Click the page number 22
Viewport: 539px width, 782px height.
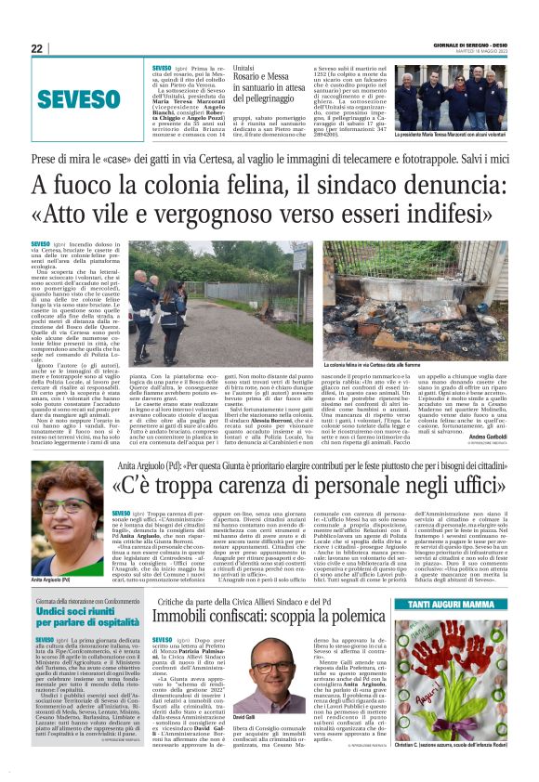36,48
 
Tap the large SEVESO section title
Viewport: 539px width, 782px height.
79,98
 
